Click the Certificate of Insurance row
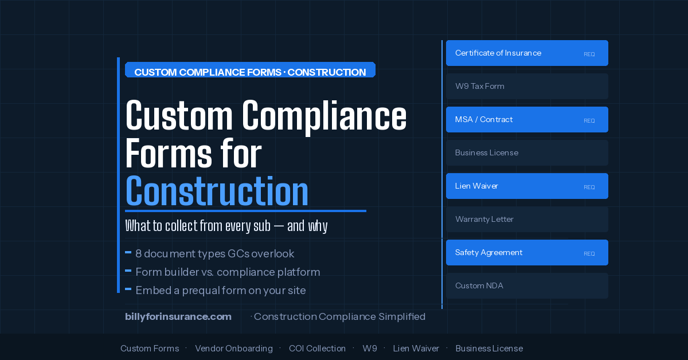tap(527, 53)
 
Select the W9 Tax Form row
tap(527, 86)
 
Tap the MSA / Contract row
tap(527, 119)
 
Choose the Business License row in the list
tap(527, 152)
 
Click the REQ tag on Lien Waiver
tap(589, 187)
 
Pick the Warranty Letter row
tap(527, 219)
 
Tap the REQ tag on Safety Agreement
tap(589, 254)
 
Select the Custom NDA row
tap(527, 285)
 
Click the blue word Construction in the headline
tap(217, 191)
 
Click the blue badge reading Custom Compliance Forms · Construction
tap(250, 70)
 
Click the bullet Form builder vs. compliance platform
tap(222, 272)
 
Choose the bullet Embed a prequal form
tap(216, 290)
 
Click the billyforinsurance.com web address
tap(178, 316)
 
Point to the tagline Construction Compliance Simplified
tap(339, 316)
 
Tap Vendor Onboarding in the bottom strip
tap(234, 349)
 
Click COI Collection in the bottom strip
tap(317, 349)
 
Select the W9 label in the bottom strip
tap(369, 349)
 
